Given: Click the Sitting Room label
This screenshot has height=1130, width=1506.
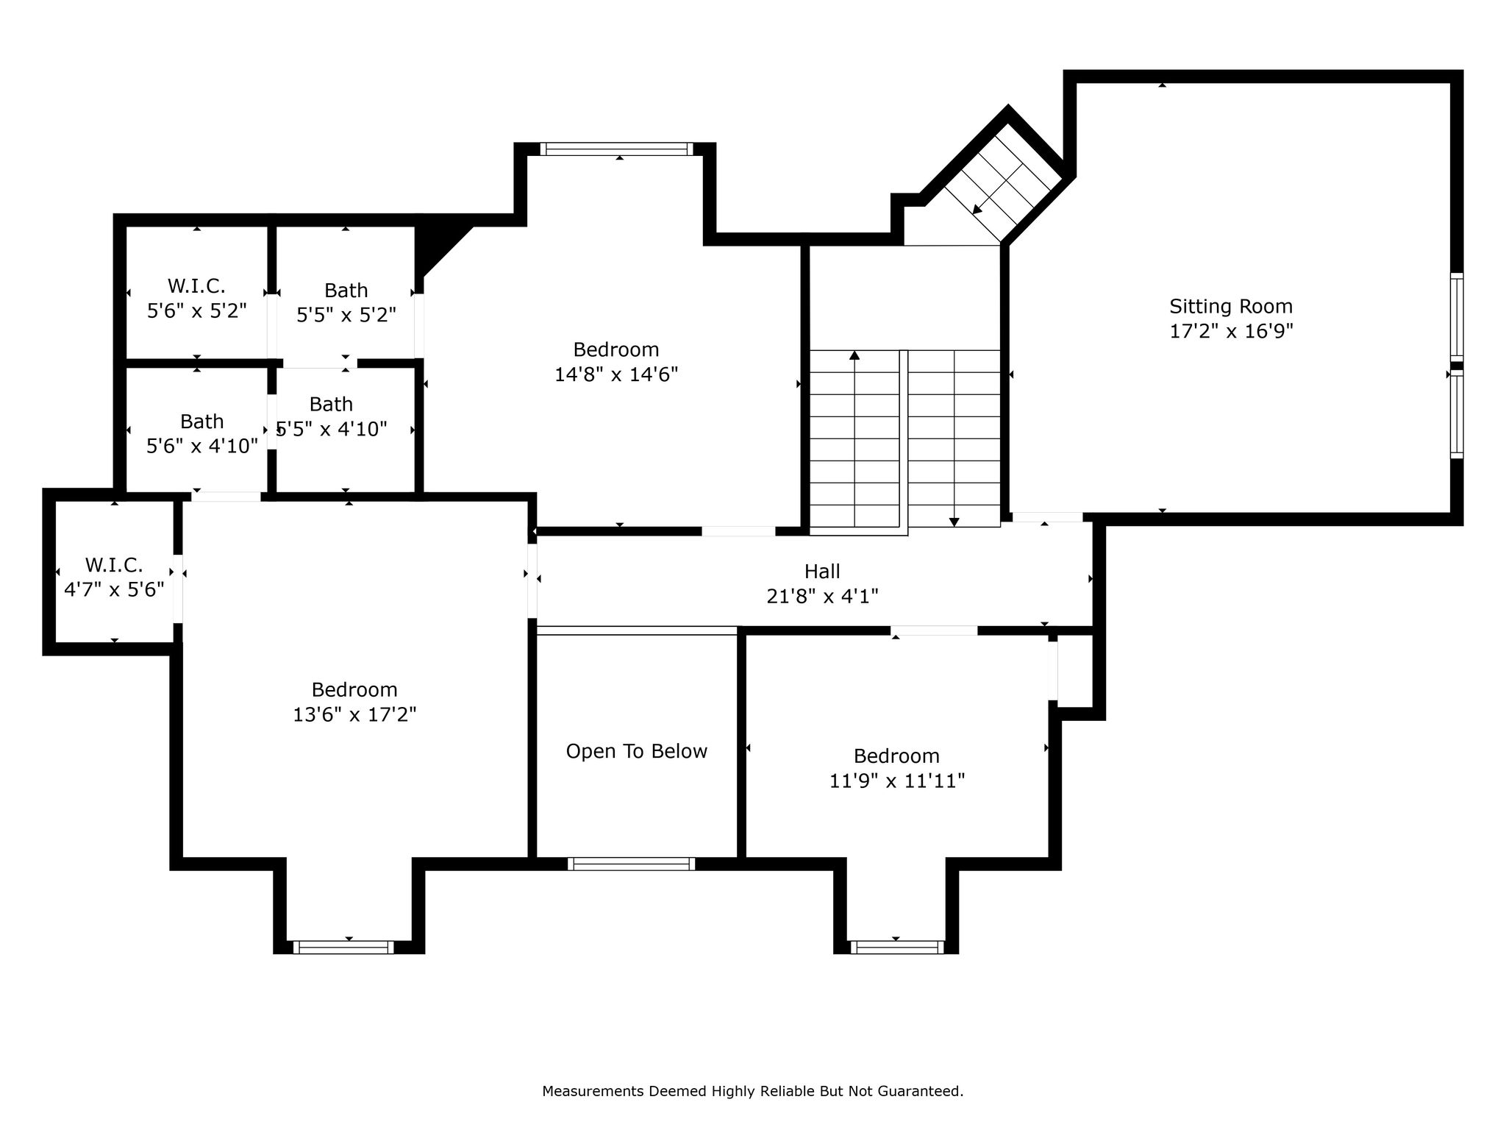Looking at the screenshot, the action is tap(1231, 307).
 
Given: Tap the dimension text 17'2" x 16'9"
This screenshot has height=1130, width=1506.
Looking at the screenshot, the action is tap(1231, 331).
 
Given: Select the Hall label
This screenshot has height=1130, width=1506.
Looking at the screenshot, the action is tap(822, 571).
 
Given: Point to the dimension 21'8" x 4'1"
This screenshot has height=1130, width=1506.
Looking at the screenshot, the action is tap(822, 596).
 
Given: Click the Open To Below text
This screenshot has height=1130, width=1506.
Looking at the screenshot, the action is tap(637, 751).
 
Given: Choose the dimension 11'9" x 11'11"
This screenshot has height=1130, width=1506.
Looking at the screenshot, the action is tap(897, 781).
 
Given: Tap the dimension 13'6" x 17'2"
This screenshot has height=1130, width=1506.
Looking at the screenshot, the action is tap(354, 714).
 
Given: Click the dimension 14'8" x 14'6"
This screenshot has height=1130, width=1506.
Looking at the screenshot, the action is tap(616, 374).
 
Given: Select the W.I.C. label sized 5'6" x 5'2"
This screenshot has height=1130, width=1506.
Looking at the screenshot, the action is tap(196, 285).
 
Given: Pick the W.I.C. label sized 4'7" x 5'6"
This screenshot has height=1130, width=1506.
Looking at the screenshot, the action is tap(114, 565).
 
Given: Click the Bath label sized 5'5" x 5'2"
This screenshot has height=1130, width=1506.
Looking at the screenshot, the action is tap(346, 291).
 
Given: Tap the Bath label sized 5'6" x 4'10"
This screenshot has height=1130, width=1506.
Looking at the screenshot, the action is tap(202, 422).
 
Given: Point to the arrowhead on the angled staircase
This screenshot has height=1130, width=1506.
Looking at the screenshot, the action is tap(977, 210).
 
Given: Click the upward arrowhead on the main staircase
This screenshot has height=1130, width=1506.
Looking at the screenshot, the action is tap(854, 355).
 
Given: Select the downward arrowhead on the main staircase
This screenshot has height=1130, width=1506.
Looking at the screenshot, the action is tap(954, 522).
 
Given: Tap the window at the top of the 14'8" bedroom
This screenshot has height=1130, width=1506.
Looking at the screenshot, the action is tap(617, 149).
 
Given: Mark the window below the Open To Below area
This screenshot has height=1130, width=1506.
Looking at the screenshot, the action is tap(632, 864).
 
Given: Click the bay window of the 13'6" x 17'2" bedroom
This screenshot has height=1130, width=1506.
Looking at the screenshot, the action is tap(343, 948).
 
